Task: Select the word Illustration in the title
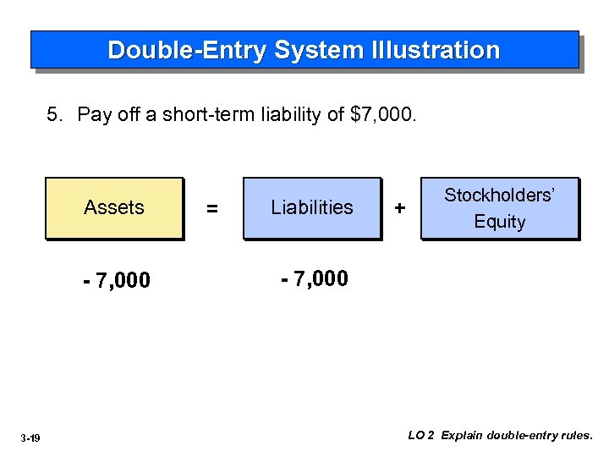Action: coord(436,51)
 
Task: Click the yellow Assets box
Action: coord(114,207)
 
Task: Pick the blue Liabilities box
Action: coord(312,207)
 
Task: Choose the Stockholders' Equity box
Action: coord(500,208)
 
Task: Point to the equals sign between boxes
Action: coord(212,208)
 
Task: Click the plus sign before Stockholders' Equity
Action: coord(400,207)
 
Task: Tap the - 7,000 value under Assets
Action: coord(117,281)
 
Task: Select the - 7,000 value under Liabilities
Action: coord(314,278)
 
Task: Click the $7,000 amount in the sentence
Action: coord(382,114)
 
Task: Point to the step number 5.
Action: coord(53,114)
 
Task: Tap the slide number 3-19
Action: coord(31,438)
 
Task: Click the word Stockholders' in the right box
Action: coord(500,195)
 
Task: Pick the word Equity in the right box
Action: coord(500,222)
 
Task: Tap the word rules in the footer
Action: coord(575,436)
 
